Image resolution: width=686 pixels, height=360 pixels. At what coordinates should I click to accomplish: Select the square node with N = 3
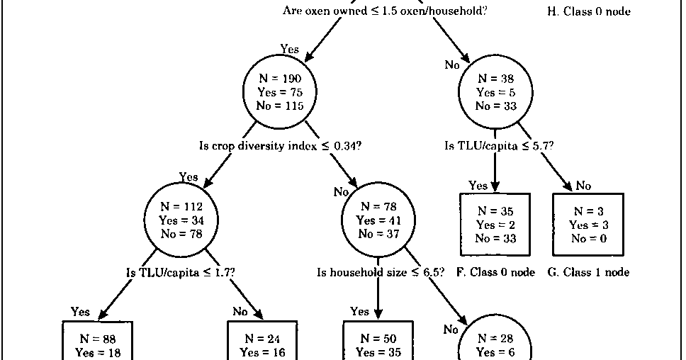pyautogui.click(x=587, y=225)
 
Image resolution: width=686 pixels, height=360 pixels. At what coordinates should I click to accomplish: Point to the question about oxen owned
pyautogui.click(x=385, y=11)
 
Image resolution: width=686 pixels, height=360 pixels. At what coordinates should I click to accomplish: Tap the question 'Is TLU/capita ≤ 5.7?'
pyautogui.click(x=499, y=146)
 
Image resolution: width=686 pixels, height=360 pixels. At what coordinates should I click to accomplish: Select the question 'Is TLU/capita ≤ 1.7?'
pyautogui.click(x=181, y=272)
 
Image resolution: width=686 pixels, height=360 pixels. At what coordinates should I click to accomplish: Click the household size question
pyautogui.click(x=381, y=272)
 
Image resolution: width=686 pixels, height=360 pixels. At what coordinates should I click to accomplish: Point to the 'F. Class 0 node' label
pyautogui.click(x=495, y=272)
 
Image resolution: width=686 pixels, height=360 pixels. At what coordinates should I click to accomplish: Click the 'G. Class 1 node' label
pyautogui.click(x=588, y=272)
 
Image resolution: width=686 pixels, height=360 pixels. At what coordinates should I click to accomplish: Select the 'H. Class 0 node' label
pyautogui.click(x=589, y=11)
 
